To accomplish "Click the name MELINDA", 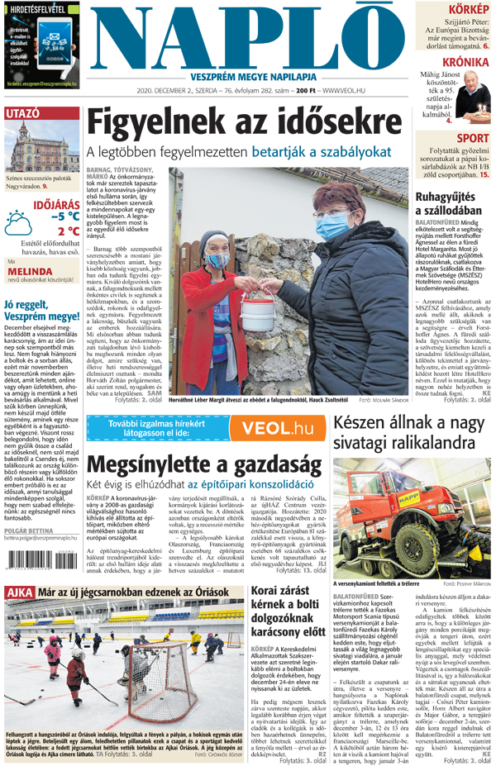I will (x=24, y=269).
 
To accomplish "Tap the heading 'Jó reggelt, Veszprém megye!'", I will (x=41, y=310).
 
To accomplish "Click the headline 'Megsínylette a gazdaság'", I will (x=203, y=464).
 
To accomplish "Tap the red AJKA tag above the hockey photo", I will (x=19, y=592).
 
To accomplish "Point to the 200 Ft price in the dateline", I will (x=307, y=90).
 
